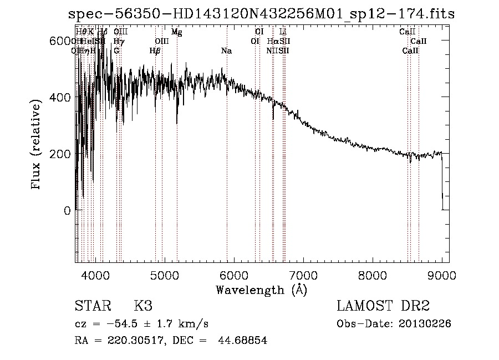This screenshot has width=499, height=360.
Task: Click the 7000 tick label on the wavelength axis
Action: [303, 275]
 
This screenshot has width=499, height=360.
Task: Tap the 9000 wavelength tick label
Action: [442, 275]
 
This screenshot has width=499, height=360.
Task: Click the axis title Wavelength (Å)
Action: [261, 290]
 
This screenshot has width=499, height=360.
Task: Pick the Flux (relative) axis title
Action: [37, 146]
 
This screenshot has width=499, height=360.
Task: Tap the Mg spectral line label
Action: [176, 32]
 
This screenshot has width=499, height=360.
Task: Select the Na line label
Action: [226, 51]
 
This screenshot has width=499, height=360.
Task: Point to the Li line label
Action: [283, 32]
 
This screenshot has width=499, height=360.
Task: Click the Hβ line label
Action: [155, 51]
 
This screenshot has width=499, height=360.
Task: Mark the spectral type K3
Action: [142, 306]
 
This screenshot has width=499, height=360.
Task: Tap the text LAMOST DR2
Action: [383, 306]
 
